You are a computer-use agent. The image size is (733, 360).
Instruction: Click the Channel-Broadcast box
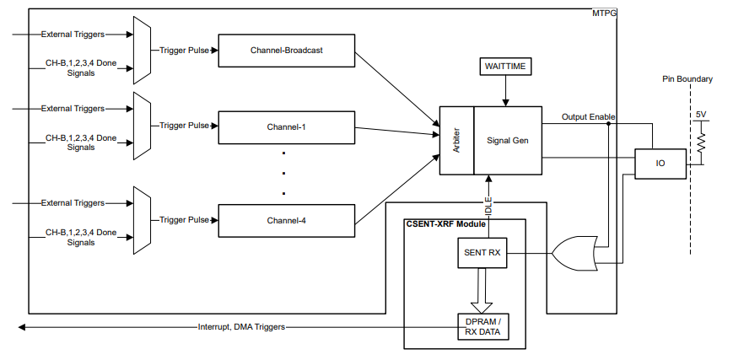tap(287, 51)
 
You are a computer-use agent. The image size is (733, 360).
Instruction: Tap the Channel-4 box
tap(287, 220)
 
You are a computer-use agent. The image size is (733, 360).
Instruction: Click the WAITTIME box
tap(504, 66)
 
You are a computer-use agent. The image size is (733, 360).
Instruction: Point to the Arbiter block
tap(455, 140)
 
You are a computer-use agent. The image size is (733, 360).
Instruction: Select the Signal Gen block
tap(508, 140)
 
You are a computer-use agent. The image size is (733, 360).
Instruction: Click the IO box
tap(660, 164)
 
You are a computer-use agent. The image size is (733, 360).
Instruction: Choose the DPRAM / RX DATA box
tap(483, 326)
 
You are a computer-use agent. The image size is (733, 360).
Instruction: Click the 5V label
tap(700, 114)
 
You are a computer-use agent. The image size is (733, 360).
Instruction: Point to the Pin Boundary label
tap(687, 79)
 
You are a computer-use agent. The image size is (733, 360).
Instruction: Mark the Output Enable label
tap(589, 117)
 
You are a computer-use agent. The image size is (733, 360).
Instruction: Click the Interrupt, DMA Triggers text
tap(241, 326)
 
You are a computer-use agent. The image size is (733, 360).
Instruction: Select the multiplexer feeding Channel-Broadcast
tap(141, 51)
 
